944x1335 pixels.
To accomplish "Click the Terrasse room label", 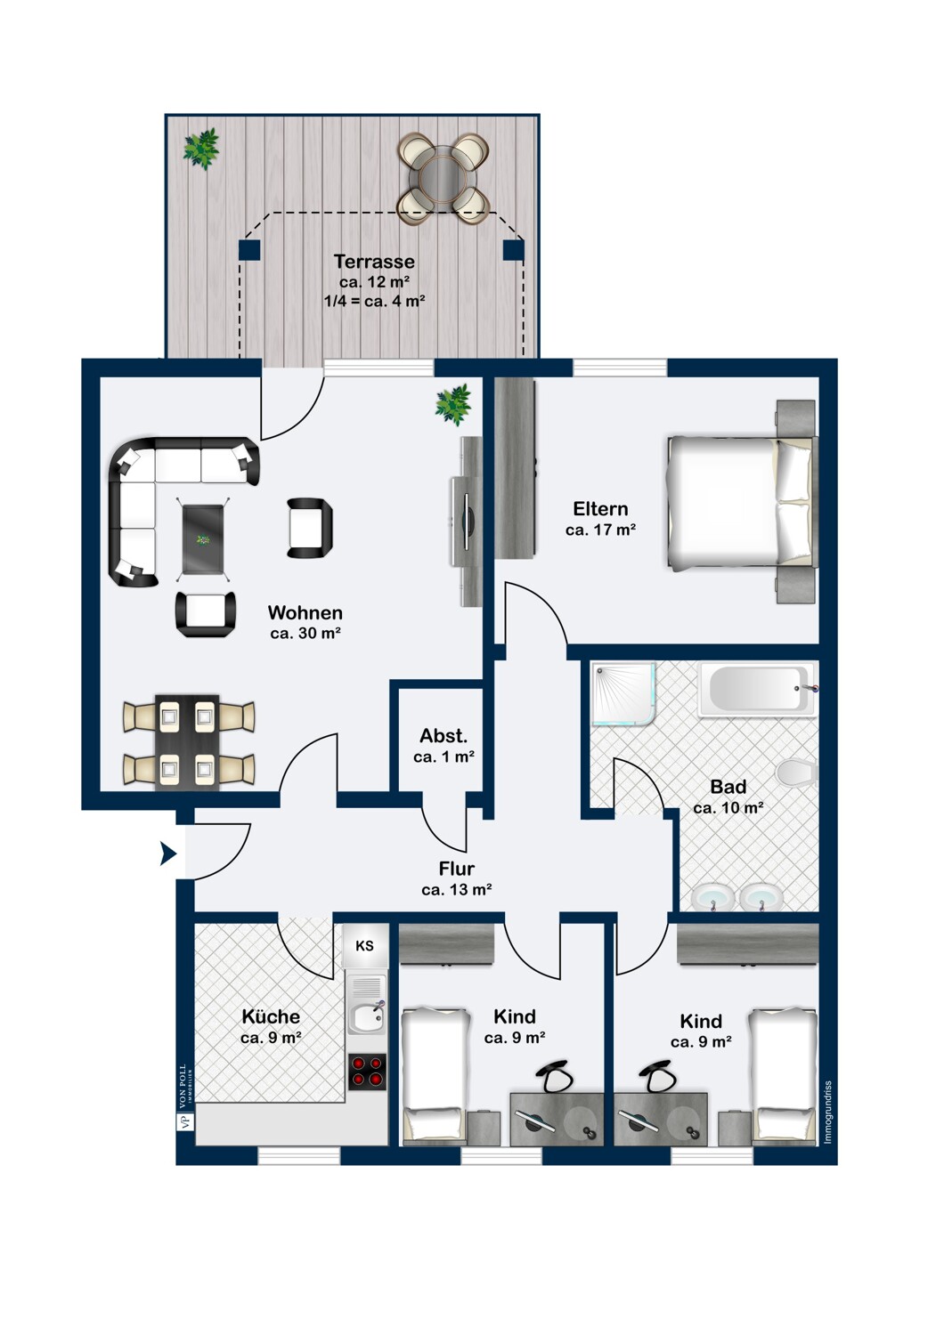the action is [374, 261].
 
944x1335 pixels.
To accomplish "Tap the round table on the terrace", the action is [444, 178].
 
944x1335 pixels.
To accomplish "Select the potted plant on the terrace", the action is [201, 149].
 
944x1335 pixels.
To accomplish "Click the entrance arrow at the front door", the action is [168, 854].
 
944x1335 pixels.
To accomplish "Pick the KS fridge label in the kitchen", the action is [364, 945].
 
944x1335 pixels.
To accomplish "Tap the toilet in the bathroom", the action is [796, 773].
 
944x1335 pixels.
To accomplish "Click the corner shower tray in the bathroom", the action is [623, 693].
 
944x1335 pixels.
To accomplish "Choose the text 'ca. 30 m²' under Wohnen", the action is [305, 633].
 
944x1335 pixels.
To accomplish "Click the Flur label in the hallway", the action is [456, 869].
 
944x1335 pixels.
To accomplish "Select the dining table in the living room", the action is [187, 742].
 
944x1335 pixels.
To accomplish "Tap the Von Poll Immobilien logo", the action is [183, 1097].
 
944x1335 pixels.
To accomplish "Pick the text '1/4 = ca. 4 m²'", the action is [374, 301].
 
